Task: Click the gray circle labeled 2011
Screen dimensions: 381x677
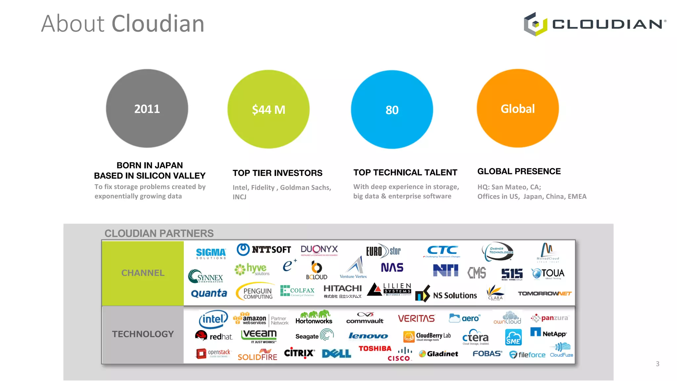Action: click(147, 108)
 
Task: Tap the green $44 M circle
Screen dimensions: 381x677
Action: click(268, 109)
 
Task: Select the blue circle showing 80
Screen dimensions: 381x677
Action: click(392, 109)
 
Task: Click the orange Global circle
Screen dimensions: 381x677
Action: click(518, 108)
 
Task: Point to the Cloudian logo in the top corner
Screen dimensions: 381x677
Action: click(595, 24)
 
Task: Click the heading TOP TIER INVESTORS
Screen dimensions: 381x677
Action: click(277, 173)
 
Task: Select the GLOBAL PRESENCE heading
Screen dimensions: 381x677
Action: click(519, 171)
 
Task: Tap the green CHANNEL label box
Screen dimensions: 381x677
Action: click(143, 273)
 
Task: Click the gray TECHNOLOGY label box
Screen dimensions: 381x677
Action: click(143, 334)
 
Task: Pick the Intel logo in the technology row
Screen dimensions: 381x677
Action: click(213, 319)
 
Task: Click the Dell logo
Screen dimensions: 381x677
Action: click(337, 354)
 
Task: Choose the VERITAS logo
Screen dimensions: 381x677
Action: click(416, 318)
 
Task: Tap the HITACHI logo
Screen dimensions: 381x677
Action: click(342, 291)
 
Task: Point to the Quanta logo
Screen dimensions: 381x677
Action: click(209, 293)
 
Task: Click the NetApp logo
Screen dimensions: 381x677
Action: click(548, 333)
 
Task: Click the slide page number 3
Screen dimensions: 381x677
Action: click(657, 364)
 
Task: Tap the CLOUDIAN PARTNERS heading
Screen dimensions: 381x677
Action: click(159, 233)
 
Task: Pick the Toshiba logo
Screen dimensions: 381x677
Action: click(375, 348)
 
